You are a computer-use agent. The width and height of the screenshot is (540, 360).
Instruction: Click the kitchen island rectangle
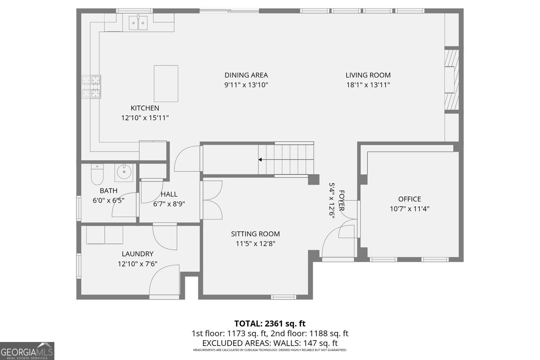point(166,84)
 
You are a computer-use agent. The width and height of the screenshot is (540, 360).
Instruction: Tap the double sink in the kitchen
point(138,23)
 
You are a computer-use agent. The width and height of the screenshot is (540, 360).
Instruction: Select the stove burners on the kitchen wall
point(91,86)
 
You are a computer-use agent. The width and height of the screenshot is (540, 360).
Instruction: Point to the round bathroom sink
point(124,172)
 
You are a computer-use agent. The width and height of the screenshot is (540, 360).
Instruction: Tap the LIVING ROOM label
point(368,75)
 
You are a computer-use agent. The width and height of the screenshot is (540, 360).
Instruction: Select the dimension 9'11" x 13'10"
point(246,85)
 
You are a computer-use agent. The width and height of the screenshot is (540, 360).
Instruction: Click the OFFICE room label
point(409,199)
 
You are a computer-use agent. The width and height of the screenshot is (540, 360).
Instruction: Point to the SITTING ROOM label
point(255,234)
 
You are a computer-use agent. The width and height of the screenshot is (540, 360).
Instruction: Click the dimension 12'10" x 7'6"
point(138,264)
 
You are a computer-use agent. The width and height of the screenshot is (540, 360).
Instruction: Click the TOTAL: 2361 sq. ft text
point(270,323)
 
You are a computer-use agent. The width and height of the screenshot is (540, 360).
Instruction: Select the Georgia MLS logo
point(27,351)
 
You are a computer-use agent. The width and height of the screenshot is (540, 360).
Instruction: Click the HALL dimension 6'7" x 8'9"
point(169,204)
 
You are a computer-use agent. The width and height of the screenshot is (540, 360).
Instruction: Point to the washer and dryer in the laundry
point(104,235)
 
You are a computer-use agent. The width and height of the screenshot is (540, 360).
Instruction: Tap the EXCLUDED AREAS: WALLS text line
point(270,343)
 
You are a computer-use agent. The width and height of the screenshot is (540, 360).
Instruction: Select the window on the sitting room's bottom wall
point(283,297)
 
